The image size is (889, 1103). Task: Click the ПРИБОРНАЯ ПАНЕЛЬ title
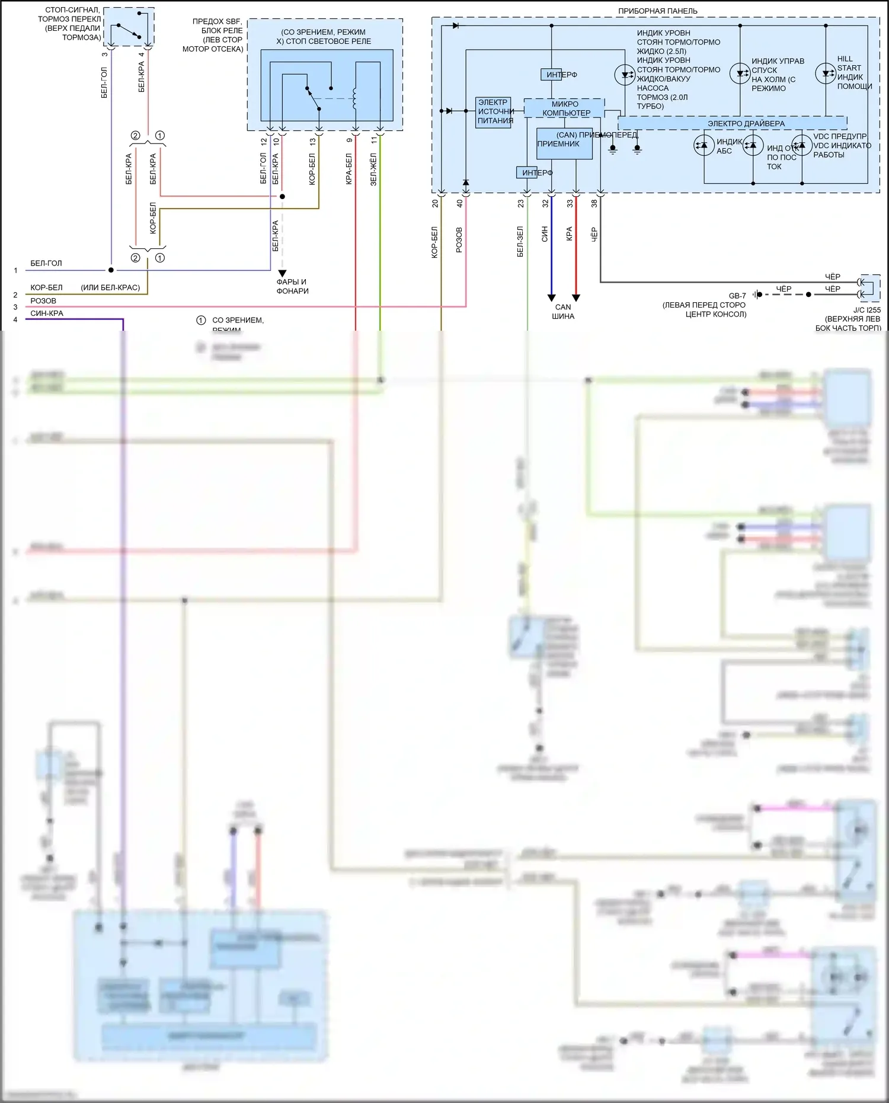point(657,11)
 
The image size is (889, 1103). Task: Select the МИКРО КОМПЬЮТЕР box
point(564,108)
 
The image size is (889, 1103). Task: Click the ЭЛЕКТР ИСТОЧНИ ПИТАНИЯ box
point(494,112)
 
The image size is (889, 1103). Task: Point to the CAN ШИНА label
point(563,311)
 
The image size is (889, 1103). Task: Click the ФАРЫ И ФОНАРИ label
point(292,286)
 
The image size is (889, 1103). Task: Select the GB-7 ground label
point(737,296)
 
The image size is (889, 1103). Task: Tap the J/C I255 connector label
point(866,310)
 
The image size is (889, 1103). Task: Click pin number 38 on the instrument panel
point(594,203)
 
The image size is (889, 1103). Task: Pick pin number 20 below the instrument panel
point(435,203)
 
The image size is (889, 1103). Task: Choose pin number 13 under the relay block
point(312,142)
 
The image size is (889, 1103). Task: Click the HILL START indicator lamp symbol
point(825,73)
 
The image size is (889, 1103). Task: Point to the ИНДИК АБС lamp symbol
point(704,145)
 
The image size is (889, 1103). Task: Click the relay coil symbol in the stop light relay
point(355,98)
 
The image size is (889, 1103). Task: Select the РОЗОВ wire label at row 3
point(43,301)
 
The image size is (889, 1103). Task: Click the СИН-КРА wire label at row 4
point(47,314)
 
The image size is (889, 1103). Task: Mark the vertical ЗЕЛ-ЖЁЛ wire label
point(373,170)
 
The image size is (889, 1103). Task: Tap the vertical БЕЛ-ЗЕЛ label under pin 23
point(520,241)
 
